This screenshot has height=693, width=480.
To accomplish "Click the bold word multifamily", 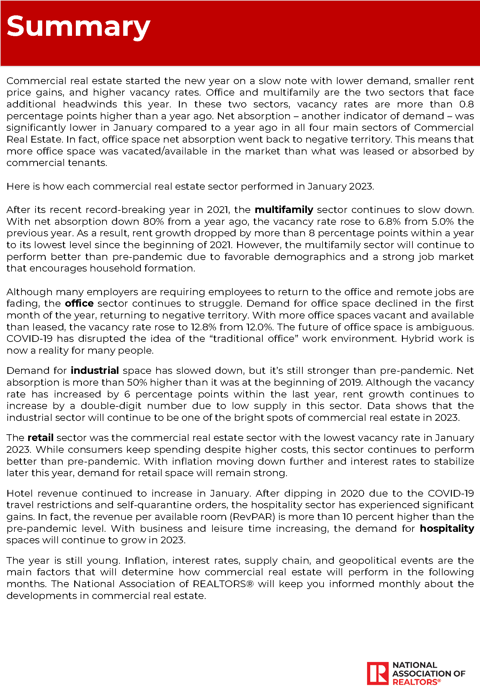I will (284, 210).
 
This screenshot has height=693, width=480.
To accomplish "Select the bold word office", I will (79, 303).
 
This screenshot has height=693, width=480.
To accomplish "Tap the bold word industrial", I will (95, 370).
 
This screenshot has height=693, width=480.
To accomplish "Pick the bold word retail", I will (40, 437).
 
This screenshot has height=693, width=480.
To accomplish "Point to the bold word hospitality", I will (447, 528).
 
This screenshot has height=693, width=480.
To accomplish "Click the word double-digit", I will (111, 406).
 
